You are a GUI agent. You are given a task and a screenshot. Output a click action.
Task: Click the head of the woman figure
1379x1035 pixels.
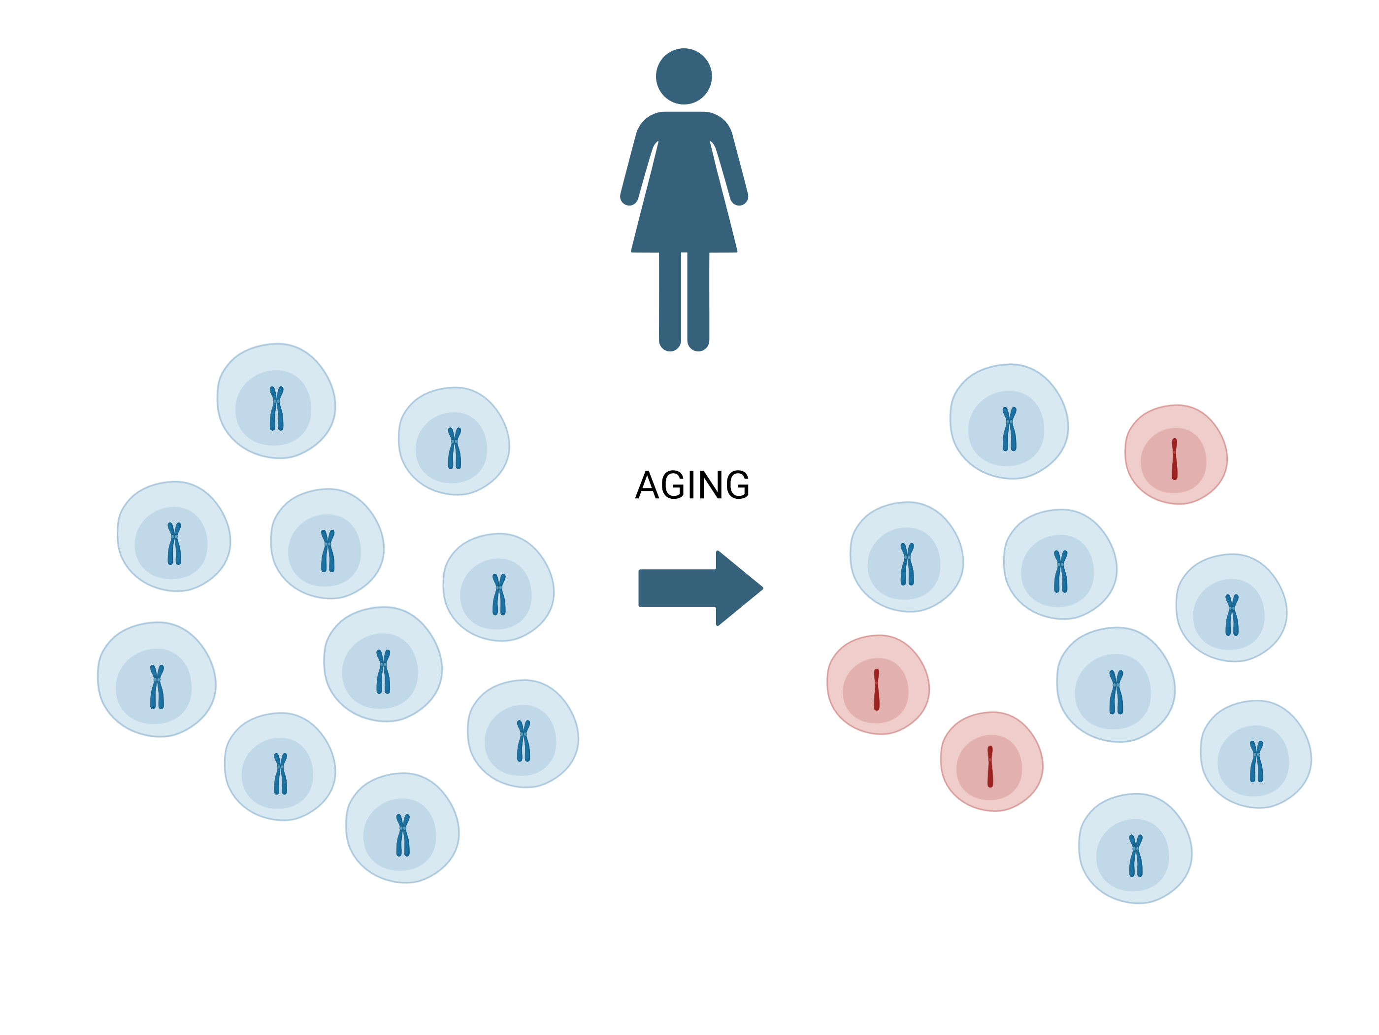(x=684, y=76)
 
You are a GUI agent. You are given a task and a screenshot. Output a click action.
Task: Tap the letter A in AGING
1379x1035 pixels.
(x=647, y=485)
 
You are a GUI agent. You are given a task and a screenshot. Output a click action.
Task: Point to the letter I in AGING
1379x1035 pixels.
(x=690, y=485)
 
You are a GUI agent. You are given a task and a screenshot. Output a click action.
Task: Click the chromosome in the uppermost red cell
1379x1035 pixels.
(x=1175, y=459)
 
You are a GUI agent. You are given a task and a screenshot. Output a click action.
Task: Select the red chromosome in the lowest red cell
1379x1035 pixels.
(x=990, y=767)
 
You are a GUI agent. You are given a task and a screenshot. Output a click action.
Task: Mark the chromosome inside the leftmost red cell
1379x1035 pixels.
(x=877, y=690)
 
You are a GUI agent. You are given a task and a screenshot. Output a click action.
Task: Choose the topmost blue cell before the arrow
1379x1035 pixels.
(x=276, y=401)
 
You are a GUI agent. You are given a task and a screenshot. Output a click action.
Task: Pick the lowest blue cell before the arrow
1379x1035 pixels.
(x=403, y=828)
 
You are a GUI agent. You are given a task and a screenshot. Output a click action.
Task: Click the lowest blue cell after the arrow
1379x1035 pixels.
(x=1135, y=849)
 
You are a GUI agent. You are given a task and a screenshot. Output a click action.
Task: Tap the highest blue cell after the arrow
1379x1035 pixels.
(x=1009, y=422)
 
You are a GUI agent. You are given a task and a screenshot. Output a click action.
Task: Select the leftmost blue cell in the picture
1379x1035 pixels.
(x=157, y=679)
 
